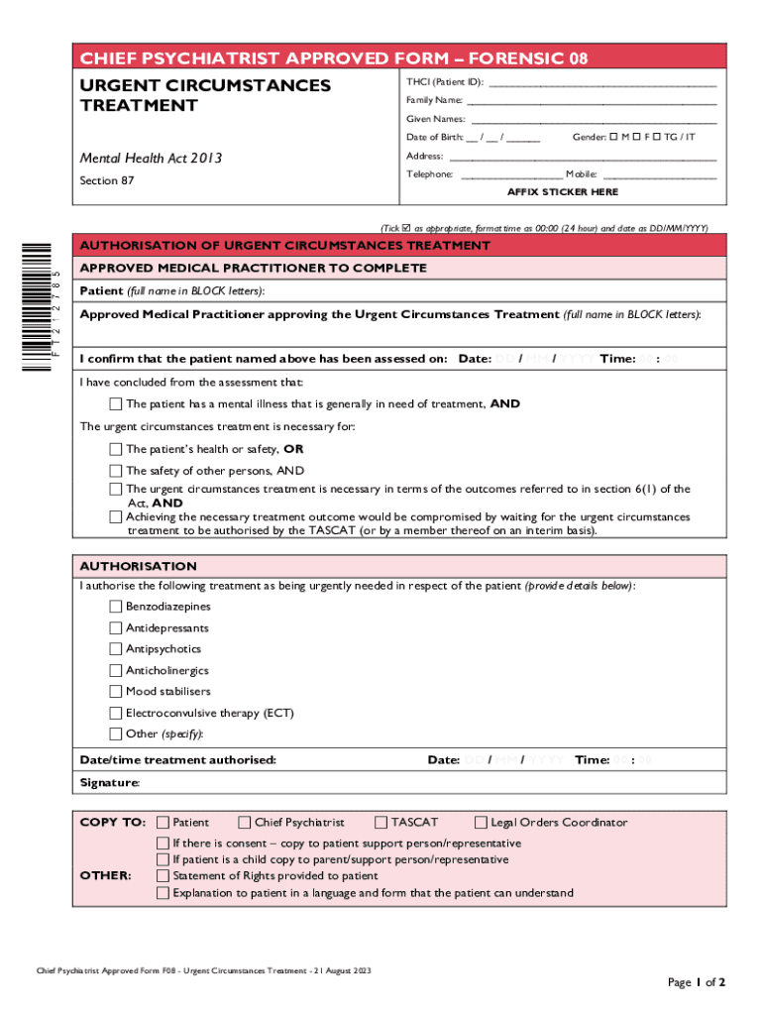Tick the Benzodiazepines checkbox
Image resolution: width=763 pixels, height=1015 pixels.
point(116,607)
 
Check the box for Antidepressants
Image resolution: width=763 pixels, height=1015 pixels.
point(116,628)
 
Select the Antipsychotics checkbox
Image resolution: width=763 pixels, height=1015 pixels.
point(116,649)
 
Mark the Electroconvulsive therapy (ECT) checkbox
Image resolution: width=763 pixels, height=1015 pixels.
point(116,713)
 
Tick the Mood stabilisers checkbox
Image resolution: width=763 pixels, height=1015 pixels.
point(116,692)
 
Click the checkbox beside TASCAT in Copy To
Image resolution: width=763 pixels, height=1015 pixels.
point(381,822)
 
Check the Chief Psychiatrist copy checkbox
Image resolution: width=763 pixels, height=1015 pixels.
point(245,822)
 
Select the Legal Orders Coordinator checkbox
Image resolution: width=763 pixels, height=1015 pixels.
point(482,822)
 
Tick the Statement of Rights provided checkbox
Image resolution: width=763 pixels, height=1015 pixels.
point(163,876)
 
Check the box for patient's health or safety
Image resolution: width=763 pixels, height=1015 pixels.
point(116,449)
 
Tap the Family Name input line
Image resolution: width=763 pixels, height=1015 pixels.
point(592,101)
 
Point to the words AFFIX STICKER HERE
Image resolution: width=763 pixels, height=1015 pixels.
point(563,191)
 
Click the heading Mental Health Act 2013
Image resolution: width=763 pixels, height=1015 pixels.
point(151,158)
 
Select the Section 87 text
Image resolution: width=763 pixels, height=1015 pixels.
point(106,180)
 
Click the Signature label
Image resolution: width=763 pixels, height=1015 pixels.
point(109,783)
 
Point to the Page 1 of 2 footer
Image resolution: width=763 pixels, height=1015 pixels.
point(698,982)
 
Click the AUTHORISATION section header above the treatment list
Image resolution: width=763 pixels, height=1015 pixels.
point(138,566)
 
